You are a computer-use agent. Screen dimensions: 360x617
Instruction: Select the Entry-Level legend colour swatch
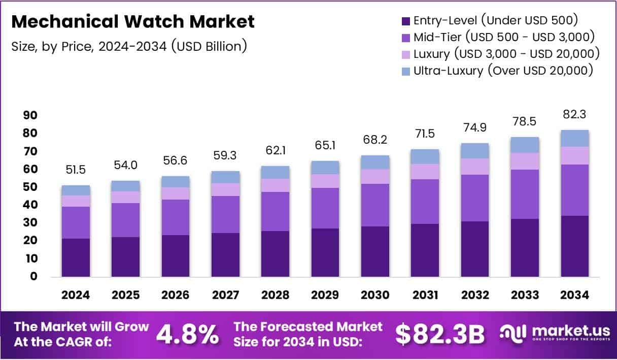click(405, 21)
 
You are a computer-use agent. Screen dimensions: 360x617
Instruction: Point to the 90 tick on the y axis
click(30, 115)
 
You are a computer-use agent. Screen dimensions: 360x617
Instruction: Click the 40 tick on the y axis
click(30, 205)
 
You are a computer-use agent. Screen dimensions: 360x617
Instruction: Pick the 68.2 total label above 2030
click(375, 139)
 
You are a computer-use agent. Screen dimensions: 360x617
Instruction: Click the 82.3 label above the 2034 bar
click(574, 115)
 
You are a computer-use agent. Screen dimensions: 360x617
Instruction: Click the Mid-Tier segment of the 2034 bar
click(574, 190)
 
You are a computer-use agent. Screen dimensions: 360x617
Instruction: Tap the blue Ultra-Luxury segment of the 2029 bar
click(325, 168)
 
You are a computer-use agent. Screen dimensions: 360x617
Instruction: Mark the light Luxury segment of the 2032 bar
click(475, 166)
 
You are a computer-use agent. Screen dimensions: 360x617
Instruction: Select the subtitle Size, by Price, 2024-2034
click(129, 46)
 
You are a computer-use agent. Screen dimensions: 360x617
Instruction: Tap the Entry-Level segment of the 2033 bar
click(525, 247)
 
